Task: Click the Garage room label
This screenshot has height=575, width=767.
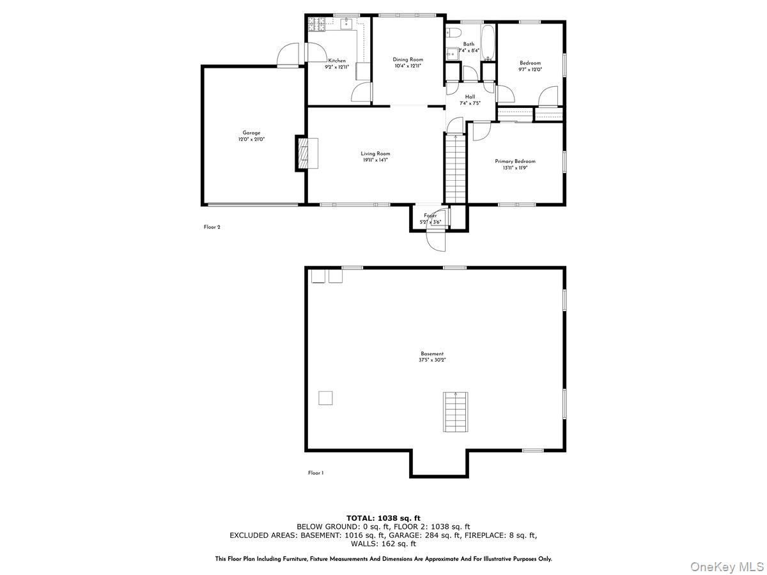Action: [251, 133]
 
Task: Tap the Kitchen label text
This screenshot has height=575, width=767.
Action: [337, 61]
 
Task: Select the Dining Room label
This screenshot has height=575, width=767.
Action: [408, 59]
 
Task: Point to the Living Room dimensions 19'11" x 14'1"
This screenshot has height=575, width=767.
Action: [375, 160]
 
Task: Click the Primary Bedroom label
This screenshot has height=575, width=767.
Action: [515, 161]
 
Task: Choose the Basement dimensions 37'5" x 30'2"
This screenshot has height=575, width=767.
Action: [432, 360]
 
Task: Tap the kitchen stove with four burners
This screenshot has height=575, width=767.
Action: [316, 24]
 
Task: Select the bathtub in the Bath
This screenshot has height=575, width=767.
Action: [488, 43]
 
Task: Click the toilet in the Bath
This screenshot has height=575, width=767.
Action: [453, 34]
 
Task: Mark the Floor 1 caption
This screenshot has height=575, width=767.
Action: [316, 473]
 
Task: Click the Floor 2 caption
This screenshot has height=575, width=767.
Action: [212, 227]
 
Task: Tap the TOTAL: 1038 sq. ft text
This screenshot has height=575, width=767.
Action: [383, 517]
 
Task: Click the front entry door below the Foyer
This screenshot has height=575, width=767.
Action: [434, 241]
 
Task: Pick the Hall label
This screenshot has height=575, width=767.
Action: [470, 97]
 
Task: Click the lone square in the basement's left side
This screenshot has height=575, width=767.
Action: [326, 398]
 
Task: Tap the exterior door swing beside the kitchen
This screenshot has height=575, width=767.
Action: [289, 54]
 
